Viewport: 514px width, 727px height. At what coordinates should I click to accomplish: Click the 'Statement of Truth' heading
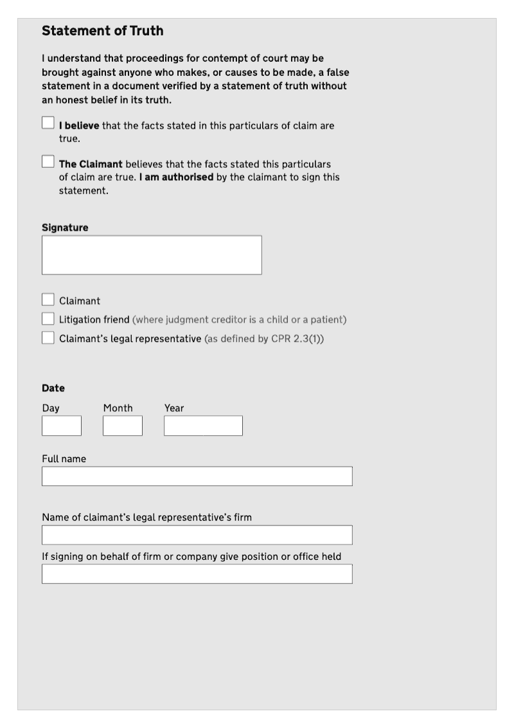pyautogui.click(x=103, y=31)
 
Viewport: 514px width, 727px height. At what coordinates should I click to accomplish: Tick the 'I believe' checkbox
pyautogui.click(x=48, y=122)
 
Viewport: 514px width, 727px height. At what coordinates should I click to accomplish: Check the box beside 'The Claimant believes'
pyautogui.click(x=48, y=161)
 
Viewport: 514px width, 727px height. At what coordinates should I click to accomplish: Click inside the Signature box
pyautogui.click(x=152, y=255)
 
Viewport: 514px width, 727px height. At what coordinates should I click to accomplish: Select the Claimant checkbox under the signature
pyautogui.click(x=48, y=300)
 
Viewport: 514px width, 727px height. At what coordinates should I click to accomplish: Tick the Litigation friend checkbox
pyautogui.click(x=48, y=319)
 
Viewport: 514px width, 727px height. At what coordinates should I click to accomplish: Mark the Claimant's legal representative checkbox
pyautogui.click(x=48, y=337)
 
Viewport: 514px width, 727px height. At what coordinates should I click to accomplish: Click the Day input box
pyautogui.click(x=62, y=426)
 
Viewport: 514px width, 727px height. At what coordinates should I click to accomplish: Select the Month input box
pyautogui.click(x=123, y=426)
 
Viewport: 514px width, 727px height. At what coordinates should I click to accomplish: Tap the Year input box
pyautogui.click(x=203, y=426)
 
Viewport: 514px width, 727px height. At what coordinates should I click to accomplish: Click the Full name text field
pyautogui.click(x=197, y=476)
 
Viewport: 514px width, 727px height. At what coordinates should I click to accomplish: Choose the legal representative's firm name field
pyautogui.click(x=197, y=535)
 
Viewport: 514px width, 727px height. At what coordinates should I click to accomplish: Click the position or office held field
pyautogui.click(x=197, y=574)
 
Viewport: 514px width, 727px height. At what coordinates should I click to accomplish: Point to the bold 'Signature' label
pyautogui.click(x=65, y=228)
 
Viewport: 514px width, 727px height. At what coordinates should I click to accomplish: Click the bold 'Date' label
pyautogui.click(x=53, y=388)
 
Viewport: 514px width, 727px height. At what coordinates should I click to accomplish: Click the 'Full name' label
pyautogui.click(x=64, y=459)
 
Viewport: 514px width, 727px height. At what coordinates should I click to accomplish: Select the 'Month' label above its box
pyautogui.click(x=118, y=408)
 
